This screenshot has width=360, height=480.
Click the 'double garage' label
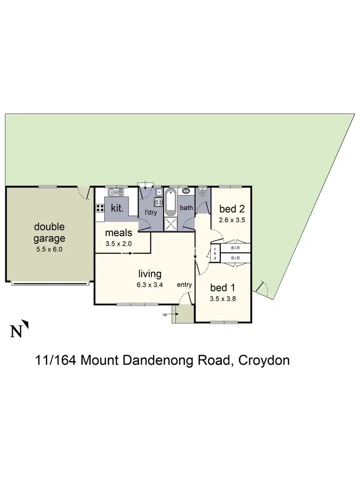(49, 232)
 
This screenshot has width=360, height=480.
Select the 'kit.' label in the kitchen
(118, 209)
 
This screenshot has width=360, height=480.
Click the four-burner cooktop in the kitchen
(100, 208)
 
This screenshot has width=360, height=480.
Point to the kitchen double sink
(116, 192)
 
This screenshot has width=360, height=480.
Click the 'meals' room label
(119, 233)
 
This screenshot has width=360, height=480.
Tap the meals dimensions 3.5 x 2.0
(119, 243)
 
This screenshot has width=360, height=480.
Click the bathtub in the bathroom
(171, 203)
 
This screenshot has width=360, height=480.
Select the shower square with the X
(171, 224)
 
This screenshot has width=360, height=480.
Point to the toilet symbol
(202, 193)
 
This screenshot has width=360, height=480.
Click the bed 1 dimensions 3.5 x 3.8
(224, 298)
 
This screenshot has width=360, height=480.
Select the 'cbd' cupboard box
(215, 253)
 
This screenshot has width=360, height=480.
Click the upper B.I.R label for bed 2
(235, 249)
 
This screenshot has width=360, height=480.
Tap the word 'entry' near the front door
(184, 285)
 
